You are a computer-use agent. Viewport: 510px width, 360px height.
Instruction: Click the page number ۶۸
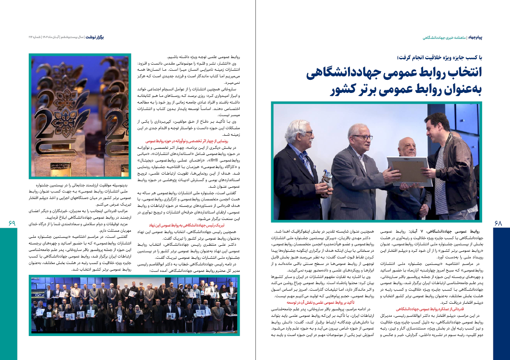coord(498,223)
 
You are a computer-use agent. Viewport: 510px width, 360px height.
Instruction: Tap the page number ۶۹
coord(12,223)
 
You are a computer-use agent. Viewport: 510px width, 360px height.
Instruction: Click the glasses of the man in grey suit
coord(362,138)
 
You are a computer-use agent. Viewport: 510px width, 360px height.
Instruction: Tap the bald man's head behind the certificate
coord(407,144)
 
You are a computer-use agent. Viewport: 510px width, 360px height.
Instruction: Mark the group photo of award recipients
coord(134,305)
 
